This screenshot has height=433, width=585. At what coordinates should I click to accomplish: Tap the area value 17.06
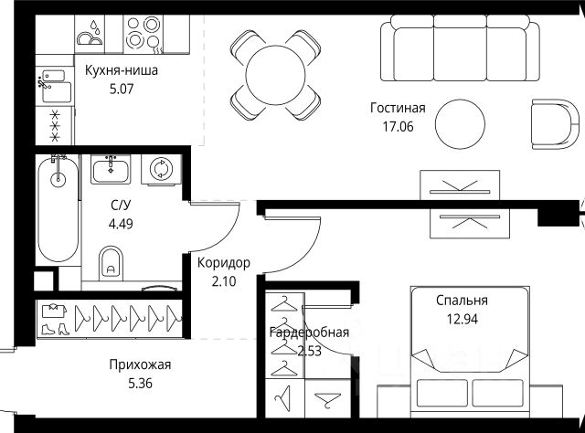click(x=398, y=126)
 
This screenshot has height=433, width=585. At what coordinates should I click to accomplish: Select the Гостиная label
click(x=398, y=107)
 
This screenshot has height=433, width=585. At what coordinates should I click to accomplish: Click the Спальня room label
click(x=462, y=300)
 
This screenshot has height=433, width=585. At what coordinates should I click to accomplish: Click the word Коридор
click(x=224, y=263)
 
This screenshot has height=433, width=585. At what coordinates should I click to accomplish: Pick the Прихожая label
click(x=138, y=364)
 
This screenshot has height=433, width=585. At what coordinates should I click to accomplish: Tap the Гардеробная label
click(x=309, y=333)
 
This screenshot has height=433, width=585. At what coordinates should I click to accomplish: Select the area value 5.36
click(x=138, y=384)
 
